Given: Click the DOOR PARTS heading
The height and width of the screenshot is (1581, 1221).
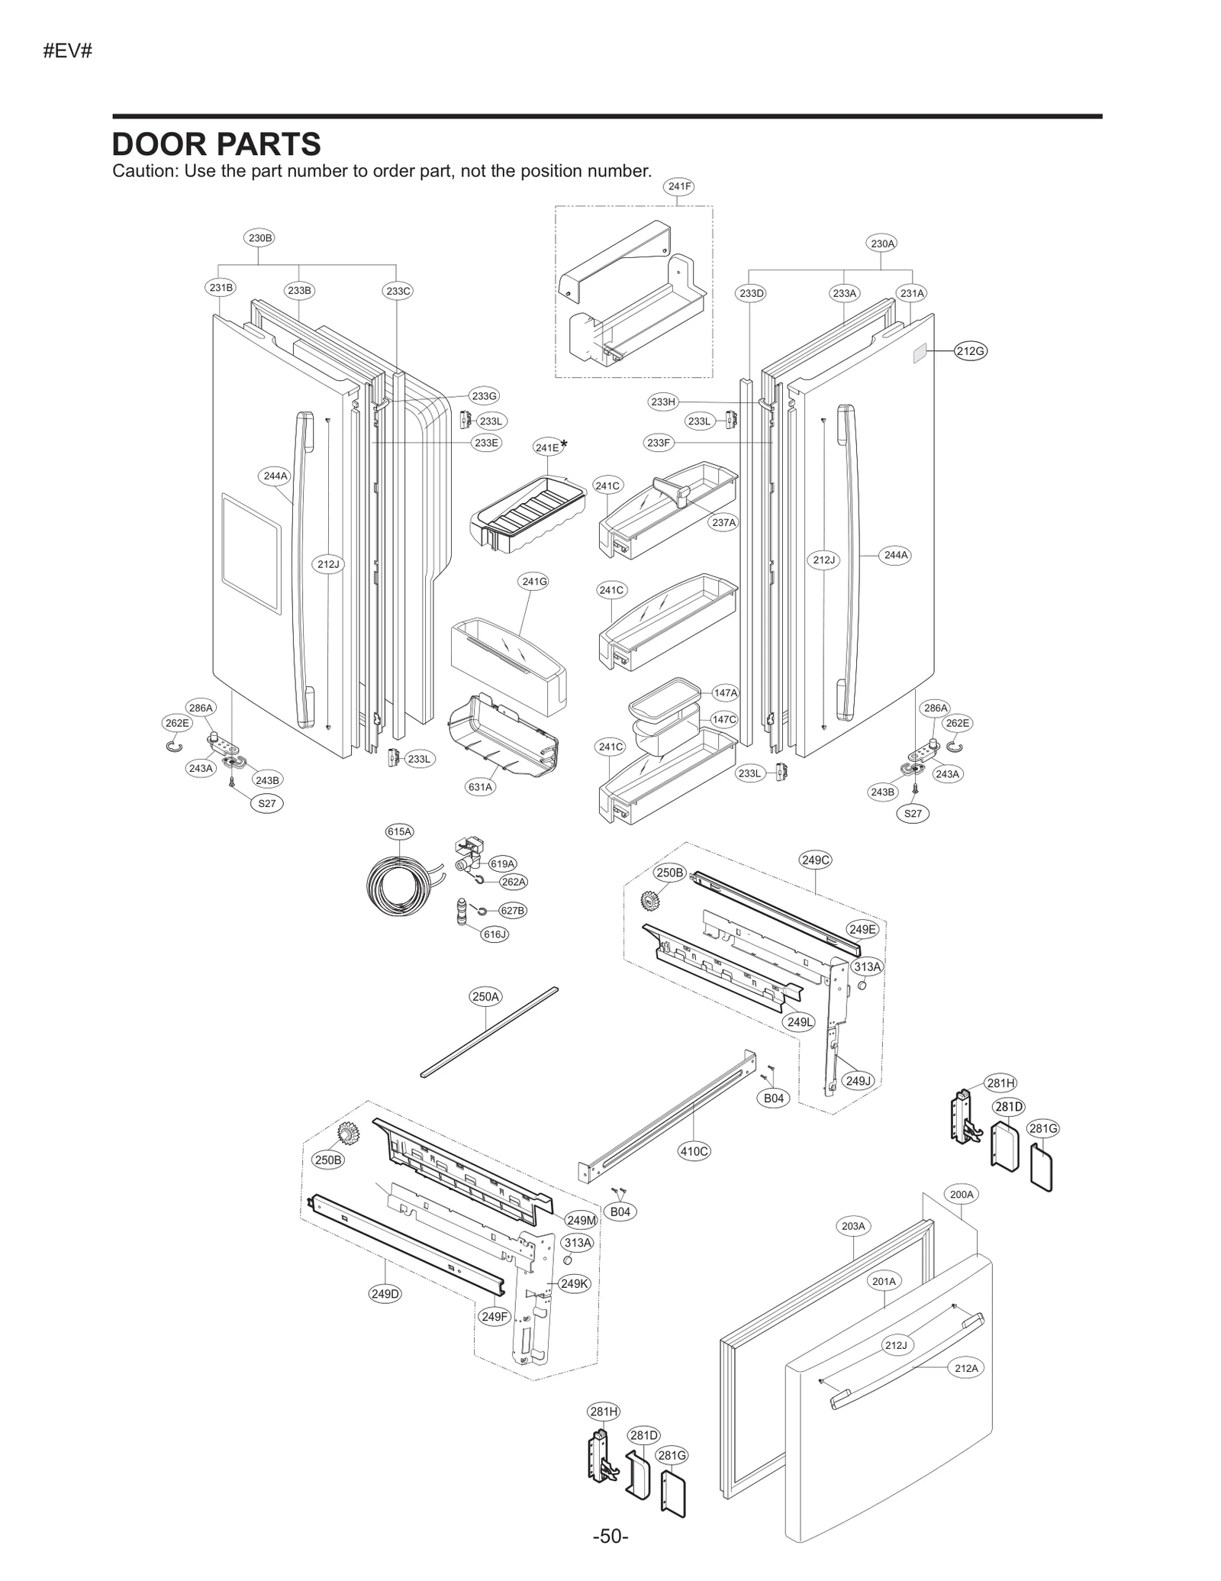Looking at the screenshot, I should [216, 144].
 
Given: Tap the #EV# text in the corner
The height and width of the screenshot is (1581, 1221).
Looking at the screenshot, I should [68, 52].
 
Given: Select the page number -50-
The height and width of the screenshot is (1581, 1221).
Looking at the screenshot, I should [610, 1536].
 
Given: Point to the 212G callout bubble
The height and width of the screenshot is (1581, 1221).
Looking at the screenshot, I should [970, 351].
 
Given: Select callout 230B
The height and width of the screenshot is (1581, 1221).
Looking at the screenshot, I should [259, 237].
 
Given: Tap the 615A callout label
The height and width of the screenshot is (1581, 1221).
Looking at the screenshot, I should [399, 831].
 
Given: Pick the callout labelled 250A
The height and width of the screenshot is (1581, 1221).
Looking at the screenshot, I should [485, 996].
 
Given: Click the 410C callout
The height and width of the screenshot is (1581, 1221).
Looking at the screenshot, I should [694, 1151].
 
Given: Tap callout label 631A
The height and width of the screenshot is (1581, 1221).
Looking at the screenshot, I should [481, 786].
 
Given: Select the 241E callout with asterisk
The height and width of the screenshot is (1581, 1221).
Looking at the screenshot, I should [548, 447].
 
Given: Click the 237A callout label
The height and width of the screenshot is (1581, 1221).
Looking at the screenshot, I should [723, 522].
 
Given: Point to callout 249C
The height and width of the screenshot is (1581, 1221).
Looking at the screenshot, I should [815, 860].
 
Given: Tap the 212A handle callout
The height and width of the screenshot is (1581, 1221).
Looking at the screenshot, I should [966, 1368].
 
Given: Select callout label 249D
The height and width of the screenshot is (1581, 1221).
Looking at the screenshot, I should [385, 1293].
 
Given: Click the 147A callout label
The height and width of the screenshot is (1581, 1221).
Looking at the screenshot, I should [725, 693].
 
